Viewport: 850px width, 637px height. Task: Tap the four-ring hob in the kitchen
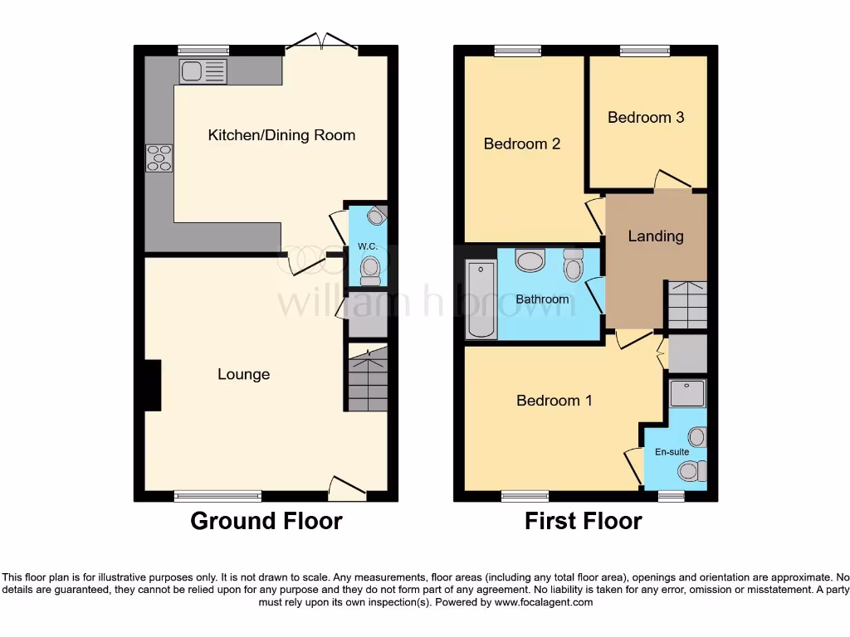159,158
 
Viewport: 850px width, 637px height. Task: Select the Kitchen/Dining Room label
281,135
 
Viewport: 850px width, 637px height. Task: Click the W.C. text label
368,246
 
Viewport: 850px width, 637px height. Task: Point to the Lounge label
243,374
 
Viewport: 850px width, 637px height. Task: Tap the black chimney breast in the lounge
152,385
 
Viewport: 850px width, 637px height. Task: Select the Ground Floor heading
266,521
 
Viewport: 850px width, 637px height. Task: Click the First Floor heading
583,521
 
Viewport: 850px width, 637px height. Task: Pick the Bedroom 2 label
522,143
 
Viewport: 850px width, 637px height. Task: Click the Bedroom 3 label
646,117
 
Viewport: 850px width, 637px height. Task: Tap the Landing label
655,236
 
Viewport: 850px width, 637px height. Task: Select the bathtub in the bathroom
481,299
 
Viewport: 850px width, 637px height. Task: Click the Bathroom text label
542,299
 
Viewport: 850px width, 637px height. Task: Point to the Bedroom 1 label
554,401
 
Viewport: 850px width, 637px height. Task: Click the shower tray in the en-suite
687,394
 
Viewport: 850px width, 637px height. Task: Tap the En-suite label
672,452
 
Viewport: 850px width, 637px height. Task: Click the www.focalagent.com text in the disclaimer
544,602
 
